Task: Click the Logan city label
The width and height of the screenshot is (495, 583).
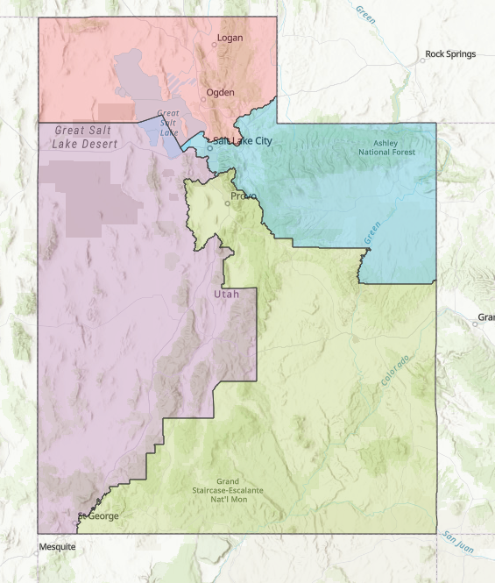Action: click(230, 38)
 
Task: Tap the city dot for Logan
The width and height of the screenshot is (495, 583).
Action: click(215, 45)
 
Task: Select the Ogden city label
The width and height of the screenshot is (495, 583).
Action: click(220, 92)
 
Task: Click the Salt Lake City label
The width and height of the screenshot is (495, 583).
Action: click(243, 140)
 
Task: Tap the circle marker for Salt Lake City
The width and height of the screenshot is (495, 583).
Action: click(210, 147)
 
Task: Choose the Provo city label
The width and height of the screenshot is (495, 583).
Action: click(244, 196)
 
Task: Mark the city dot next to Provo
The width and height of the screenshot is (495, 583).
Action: click(228, 203)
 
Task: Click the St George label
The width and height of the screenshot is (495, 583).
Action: click(99, 516)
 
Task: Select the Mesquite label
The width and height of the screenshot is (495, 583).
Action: click(57, 547)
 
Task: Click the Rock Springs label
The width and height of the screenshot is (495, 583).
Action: click(450, 53)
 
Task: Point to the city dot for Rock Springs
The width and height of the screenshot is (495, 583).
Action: click(421, 60)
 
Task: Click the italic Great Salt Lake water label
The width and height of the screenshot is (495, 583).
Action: click(168, 123)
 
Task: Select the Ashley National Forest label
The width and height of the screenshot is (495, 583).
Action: click(386, 147)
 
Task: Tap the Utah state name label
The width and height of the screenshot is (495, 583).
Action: click(226, 294)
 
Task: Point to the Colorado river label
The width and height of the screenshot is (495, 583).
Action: click(395, 371)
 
